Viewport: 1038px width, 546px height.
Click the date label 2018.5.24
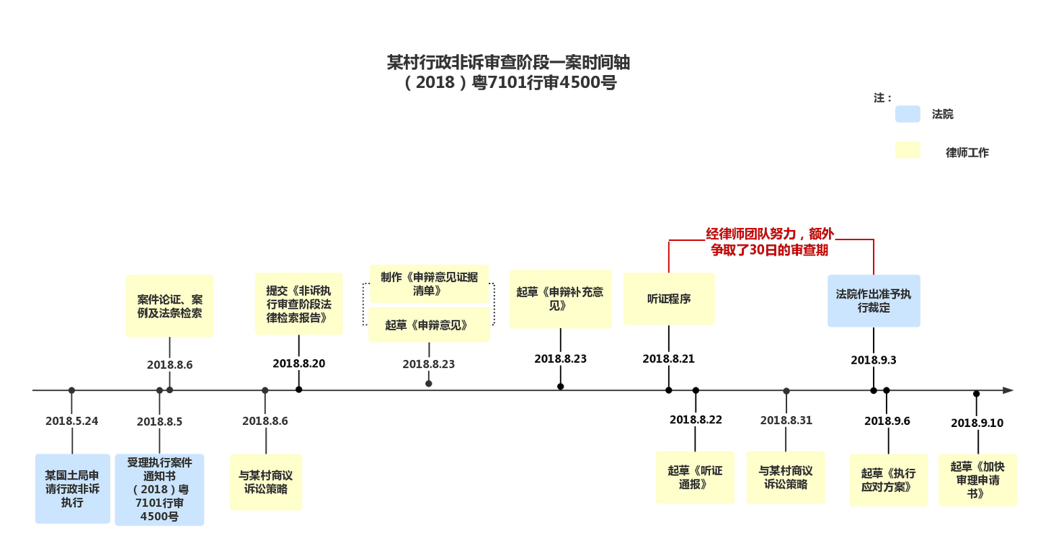tap(71, 420)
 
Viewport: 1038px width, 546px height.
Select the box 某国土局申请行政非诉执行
tap(72, 488)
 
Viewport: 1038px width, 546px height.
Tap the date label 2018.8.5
tap(160, 421)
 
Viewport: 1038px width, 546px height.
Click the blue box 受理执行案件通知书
tap(159, 489)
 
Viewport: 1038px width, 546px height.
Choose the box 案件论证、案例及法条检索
tap(169, 305)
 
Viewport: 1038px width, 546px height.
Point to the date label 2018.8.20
tap(299, 364)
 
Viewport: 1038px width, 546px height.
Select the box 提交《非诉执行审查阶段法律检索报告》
tap(298, 304)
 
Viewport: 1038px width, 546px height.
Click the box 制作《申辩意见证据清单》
tap(429, 283)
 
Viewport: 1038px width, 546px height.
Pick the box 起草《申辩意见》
tap(429, 325)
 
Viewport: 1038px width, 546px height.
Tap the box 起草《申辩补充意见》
tap(560, 299)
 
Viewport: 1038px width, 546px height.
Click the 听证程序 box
tap(669, 299)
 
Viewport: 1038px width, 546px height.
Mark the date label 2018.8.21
tap(669, 358)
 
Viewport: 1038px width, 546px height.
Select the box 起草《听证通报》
tap(695, 477)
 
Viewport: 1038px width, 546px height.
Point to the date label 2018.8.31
tap(786, 420)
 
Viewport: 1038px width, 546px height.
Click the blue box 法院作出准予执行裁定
tap(874, 301)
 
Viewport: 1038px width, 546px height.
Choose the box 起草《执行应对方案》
tap(888, 480)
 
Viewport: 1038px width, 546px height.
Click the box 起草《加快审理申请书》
tap(977, 480)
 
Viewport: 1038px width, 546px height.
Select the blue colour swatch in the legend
tap(908, 114)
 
